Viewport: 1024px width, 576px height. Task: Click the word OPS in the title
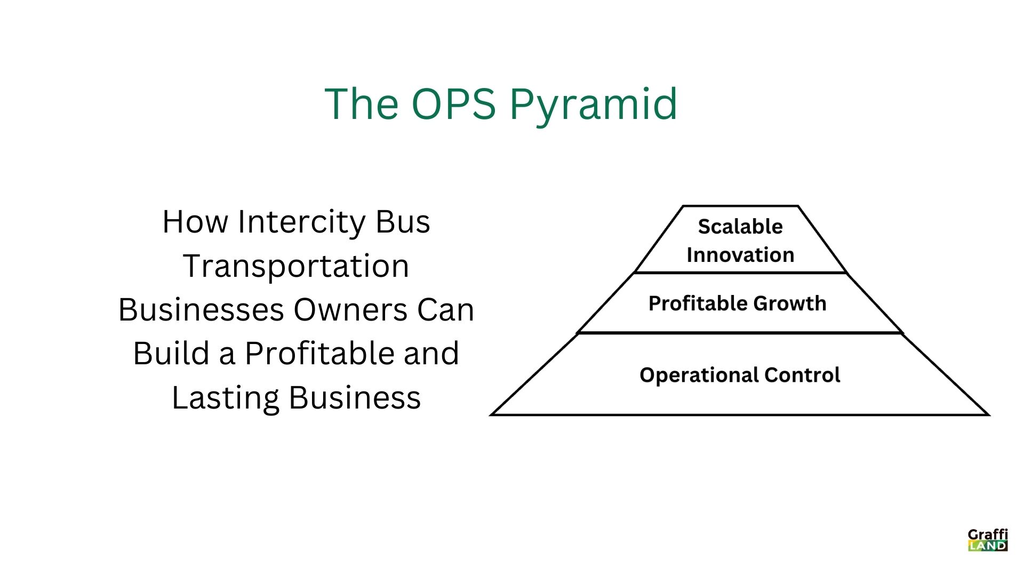453,103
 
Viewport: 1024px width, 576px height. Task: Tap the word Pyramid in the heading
593,105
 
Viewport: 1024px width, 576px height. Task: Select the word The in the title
362,103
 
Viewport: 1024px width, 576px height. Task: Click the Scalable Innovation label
740,241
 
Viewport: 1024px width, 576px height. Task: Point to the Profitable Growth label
737,303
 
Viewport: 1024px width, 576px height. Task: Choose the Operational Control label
740,375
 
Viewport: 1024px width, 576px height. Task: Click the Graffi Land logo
988,540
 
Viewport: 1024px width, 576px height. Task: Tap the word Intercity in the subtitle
301,221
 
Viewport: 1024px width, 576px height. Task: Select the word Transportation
296,266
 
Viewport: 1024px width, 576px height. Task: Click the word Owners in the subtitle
350,310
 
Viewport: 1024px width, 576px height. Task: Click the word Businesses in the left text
201,310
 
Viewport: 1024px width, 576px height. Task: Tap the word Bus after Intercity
403,221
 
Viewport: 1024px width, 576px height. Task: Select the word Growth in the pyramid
790,303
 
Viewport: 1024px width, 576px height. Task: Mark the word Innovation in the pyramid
740,255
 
